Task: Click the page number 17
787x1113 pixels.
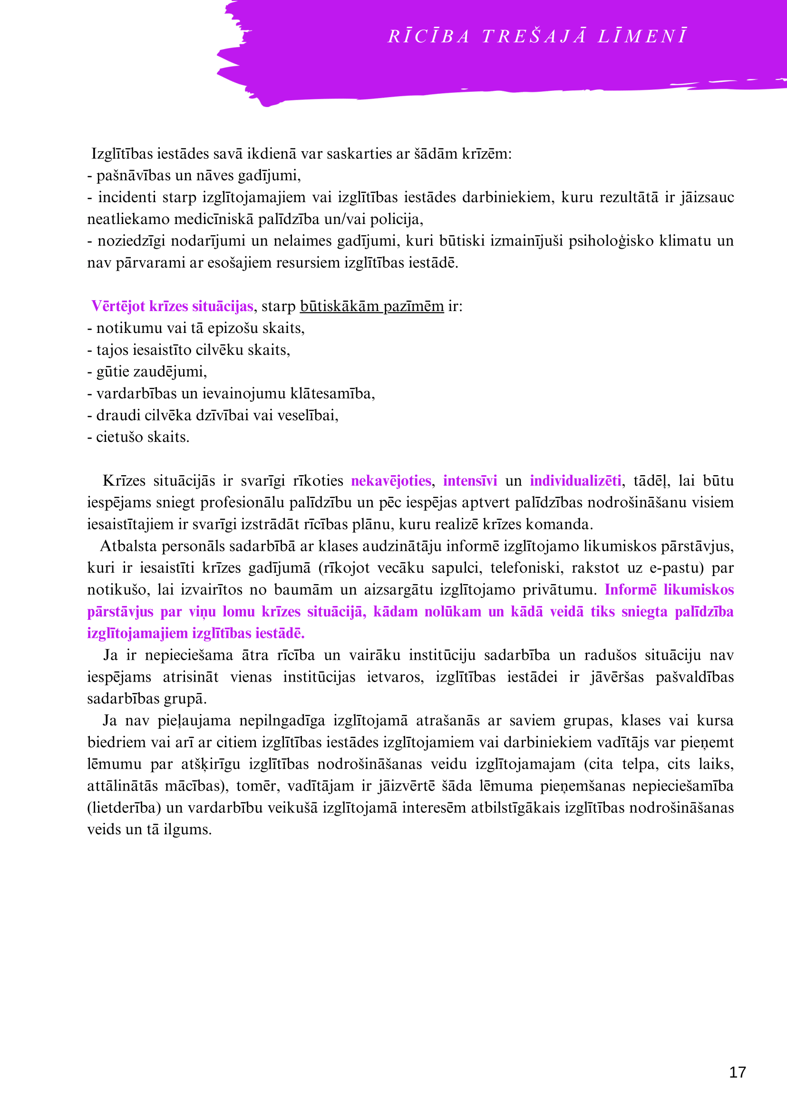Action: click(737, 1072)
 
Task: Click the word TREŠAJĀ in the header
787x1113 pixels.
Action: click(534, 37)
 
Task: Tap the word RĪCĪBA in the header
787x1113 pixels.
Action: click(429, 37)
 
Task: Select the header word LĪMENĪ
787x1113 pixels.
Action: click(642, 37)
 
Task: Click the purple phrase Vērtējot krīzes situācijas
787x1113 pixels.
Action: click(172, 306)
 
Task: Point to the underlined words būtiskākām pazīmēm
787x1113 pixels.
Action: click(372, 306)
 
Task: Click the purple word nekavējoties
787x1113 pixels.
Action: click(390, 481)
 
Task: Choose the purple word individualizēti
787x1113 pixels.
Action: click(575, 481)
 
